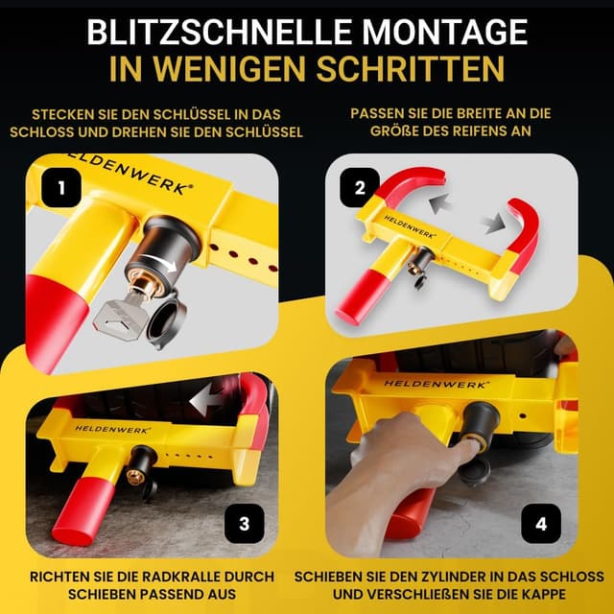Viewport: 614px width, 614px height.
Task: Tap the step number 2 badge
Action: (361, 188)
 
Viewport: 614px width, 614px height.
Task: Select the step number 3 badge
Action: (245, 523)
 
